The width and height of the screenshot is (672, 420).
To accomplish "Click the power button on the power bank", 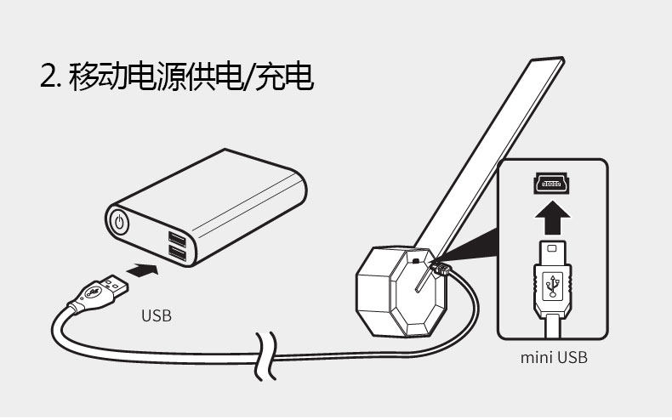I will [120, 224].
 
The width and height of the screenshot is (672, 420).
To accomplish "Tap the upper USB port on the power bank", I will [177, 236].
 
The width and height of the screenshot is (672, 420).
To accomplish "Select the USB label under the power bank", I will [156, 316].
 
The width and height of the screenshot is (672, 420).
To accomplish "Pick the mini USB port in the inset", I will [552, 181].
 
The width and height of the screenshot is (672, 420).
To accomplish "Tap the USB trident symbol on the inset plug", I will [553, 285].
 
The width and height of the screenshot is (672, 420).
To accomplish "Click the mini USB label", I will [554, 357].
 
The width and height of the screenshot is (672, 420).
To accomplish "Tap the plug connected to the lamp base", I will [441, 269].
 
